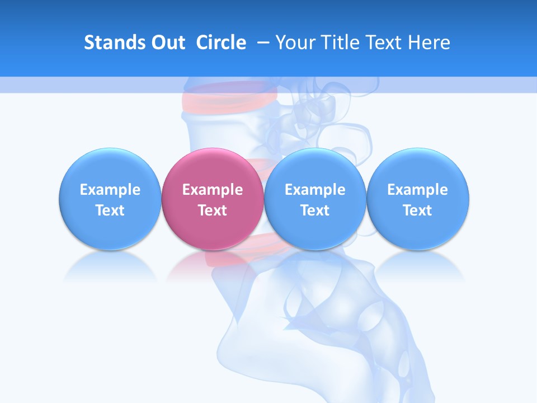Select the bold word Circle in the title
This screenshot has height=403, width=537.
(221, 43)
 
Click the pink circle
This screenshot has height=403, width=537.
(212, 168)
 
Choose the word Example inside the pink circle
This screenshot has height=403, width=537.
(213, 190)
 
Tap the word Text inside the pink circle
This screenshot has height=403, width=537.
(213, 210)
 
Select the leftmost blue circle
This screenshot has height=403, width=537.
(110, 168)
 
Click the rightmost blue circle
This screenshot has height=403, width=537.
(417, 168)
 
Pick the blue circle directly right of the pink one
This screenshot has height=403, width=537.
(315, 168)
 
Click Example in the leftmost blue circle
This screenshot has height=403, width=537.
(110, 190)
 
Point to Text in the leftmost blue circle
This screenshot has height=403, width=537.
(110, 210)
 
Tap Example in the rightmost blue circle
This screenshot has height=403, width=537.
(417, 190)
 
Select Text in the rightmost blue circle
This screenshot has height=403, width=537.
(417, 210)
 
